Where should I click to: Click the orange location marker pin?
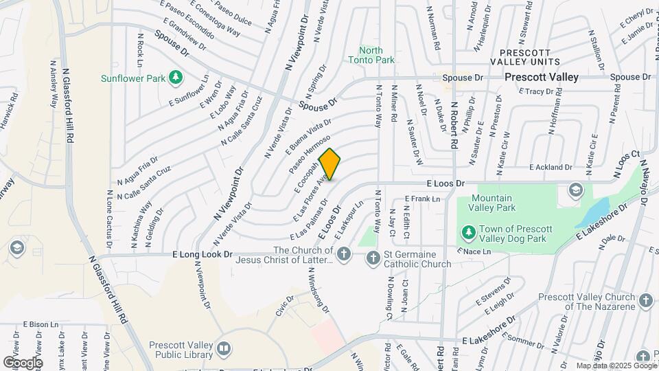tap(329, 164)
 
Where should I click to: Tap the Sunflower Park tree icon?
tap(176, 77)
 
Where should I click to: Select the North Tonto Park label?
tap(377, 55)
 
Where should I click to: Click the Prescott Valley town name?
tap(541, 77)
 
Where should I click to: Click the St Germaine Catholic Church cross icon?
tap(373, 258)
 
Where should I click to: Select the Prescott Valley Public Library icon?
tap(224, 349)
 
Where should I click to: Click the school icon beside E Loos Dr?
tap(575, 190)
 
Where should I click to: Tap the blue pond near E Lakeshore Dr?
tap(594, 212)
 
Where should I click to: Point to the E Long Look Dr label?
tap(203, 254)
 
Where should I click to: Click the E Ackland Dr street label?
tap(551, 167)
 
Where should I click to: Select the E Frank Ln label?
tap(421, 199)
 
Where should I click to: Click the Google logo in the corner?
tap(22, 362)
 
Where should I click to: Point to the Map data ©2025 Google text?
tap(616, 366)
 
